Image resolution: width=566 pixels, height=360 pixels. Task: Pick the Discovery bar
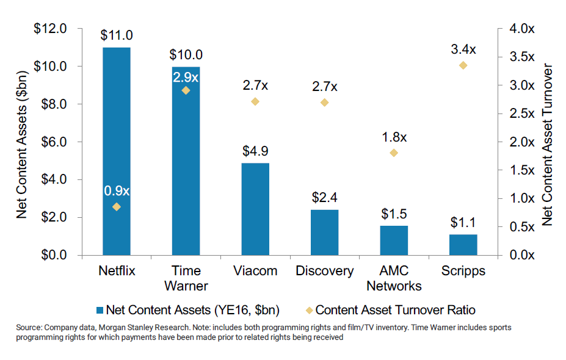click(x=324, y=232)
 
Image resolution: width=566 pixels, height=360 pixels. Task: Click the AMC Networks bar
click(x=393, y=240)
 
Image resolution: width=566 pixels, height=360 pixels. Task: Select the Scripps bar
click(x=463, y=245)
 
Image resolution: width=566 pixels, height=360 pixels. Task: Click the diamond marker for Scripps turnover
click(x=463, y=65)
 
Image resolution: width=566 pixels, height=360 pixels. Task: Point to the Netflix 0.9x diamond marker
click(x=117, y=207)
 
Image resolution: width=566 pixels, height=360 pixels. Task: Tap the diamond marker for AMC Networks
click(x=394, y=153)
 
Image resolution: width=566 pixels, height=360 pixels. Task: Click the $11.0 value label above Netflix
click(x=116, y=36)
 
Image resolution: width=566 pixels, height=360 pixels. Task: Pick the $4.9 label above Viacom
click(x=255, y=151)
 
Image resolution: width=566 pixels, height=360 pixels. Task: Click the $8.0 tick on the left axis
click(x=60, y=104)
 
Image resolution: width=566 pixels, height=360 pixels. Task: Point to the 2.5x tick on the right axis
click(x=521, y=113)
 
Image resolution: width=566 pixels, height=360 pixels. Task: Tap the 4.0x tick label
click(x=521, y=29)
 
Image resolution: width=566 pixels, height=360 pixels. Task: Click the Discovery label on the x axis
click(x=324, y=271)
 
